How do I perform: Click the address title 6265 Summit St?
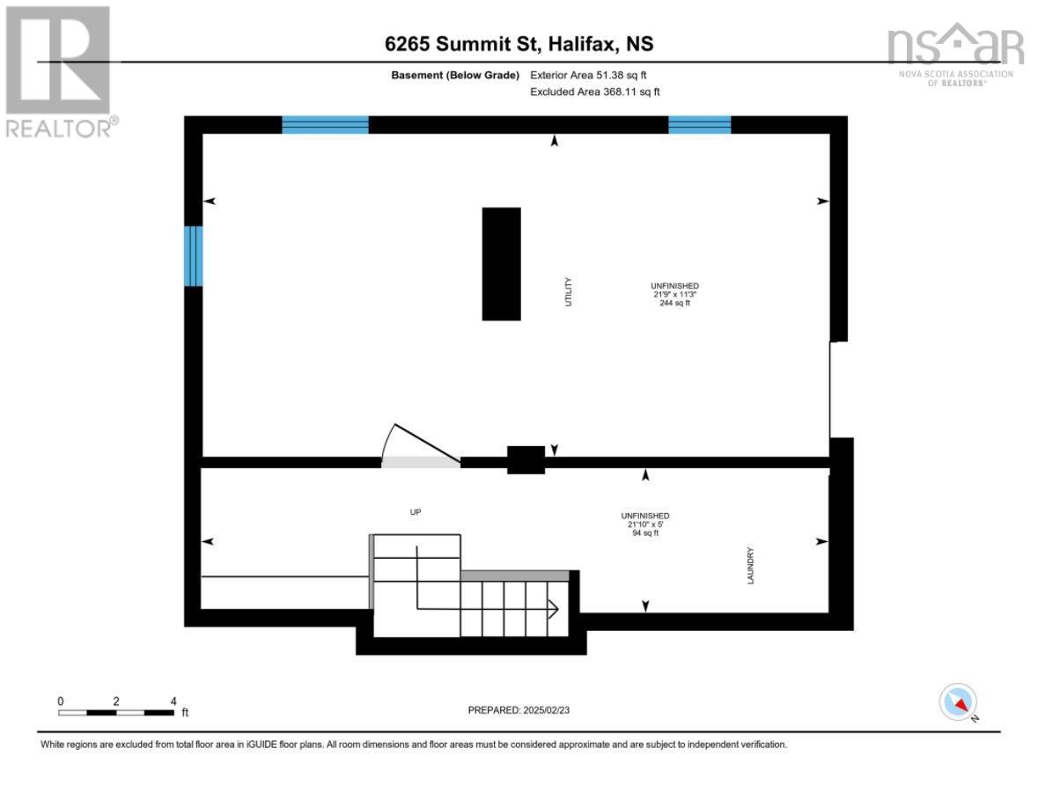(519, 45)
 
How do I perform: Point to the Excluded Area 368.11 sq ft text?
(595, 92)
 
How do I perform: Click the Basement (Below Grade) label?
(455, 76)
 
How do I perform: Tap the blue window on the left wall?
(193, 256)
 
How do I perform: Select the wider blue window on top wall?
(325, 125)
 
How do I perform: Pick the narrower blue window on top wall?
(699, 125)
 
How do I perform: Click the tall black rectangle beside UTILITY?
(501, 264)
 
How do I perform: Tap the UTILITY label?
(569, 292)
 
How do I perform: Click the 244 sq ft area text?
(674, 304)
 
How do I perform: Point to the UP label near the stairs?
(416, 511)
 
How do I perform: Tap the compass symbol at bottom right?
(959, 702)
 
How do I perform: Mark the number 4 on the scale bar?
(173, 701)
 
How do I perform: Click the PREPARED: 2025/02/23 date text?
(525, 709)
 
